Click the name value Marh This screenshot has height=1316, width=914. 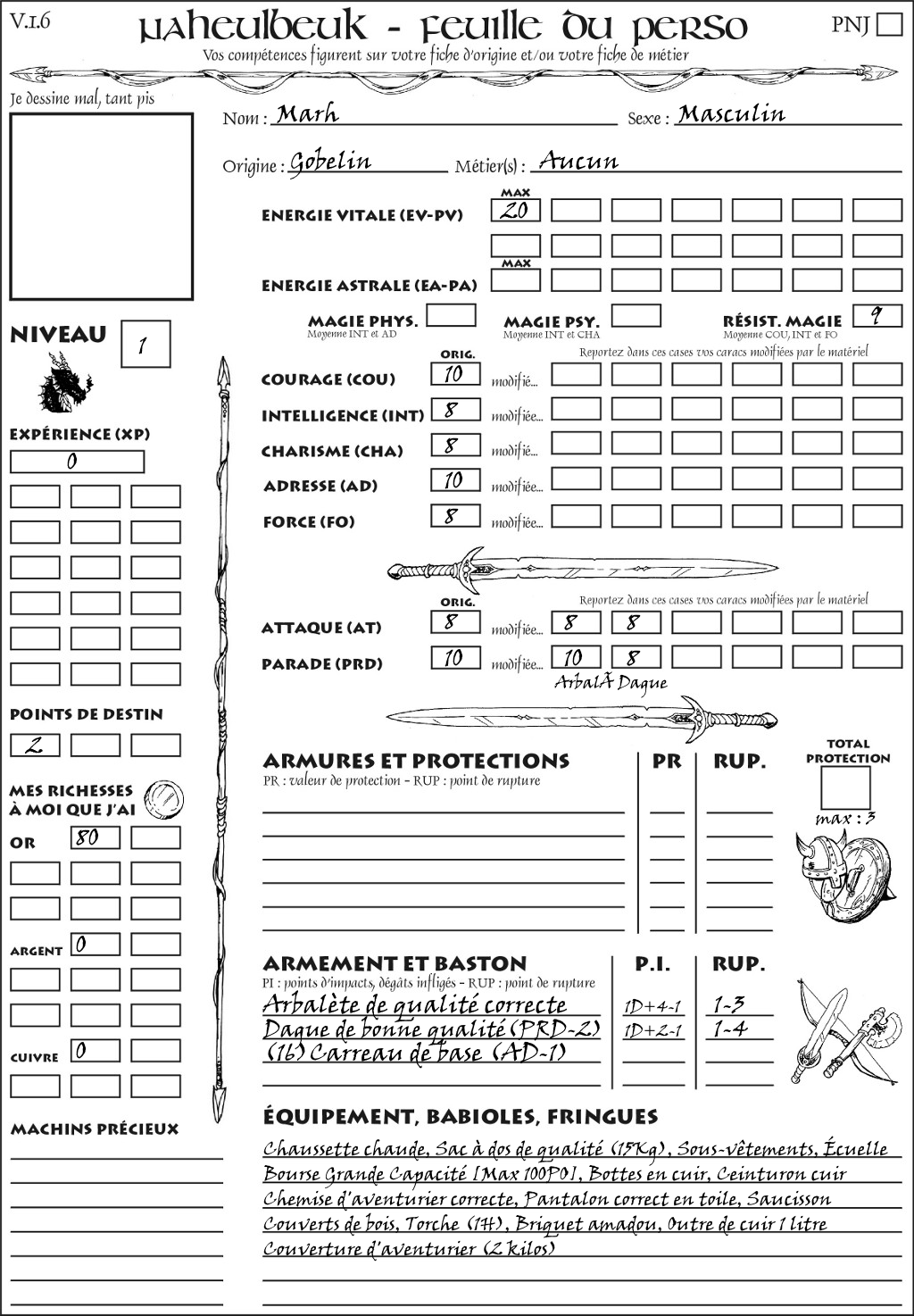pos(307,114)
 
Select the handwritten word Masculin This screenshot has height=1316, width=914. pos(731,114)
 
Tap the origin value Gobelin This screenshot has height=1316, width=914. pos(330,162)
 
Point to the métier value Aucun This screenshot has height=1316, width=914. pos(578,162)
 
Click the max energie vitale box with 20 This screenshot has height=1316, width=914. pos(515,211)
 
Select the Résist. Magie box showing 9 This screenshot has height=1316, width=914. pos(877,316)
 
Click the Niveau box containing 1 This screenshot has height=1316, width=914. pos(145,345)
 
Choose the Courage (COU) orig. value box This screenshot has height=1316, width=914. pos(455,374)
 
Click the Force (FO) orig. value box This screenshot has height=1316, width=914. pos(455,516)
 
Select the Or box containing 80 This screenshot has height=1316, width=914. pos(95,837)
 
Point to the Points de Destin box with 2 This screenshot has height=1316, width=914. pos(35,745)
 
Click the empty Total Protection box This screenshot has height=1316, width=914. pos(845,787)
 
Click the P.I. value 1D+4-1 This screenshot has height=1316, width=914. pos(652,1007)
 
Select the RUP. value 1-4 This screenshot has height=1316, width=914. pos(729,1029)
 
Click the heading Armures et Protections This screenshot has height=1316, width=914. pos(416,762)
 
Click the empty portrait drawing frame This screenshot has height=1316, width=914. pos(101,206)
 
